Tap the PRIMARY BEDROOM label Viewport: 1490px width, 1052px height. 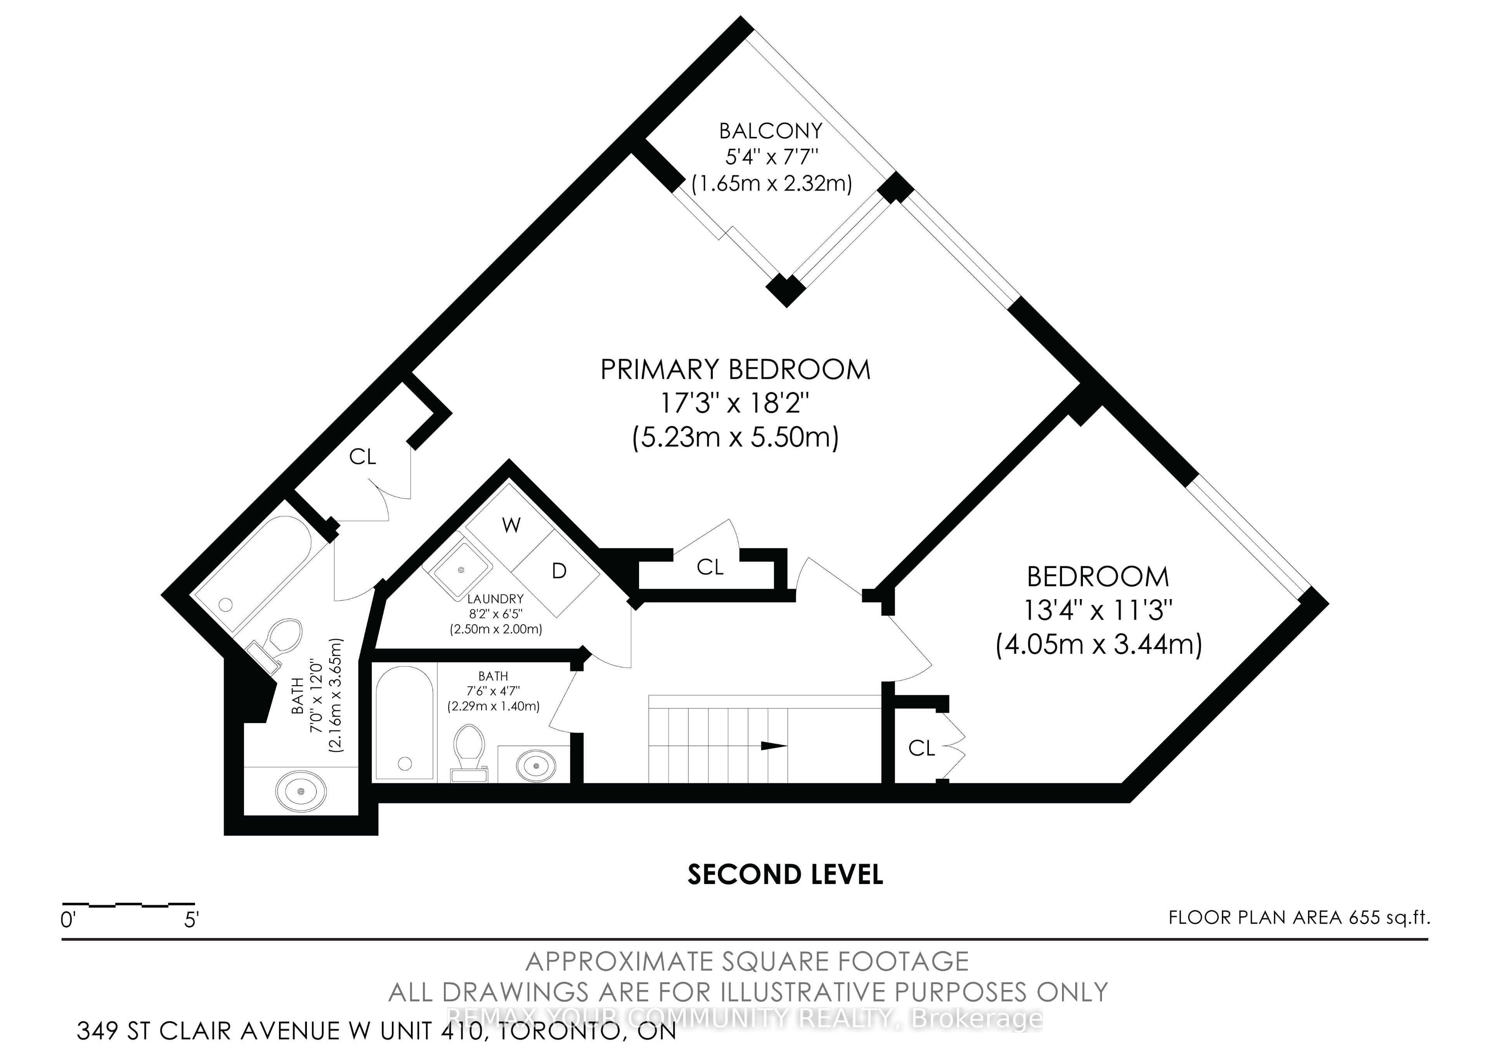tap(735, 370)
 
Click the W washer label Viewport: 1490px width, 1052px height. tap(511, 525)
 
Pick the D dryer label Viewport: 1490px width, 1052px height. tap(559, 571)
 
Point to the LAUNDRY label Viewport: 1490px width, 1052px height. tap(495, 599)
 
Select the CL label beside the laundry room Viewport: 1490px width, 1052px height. tap(710, 568)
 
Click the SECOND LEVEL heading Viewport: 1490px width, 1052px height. tap(785, 875)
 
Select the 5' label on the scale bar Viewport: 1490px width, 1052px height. tap(191, 920)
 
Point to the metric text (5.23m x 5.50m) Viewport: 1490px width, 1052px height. tap(735, 437)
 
